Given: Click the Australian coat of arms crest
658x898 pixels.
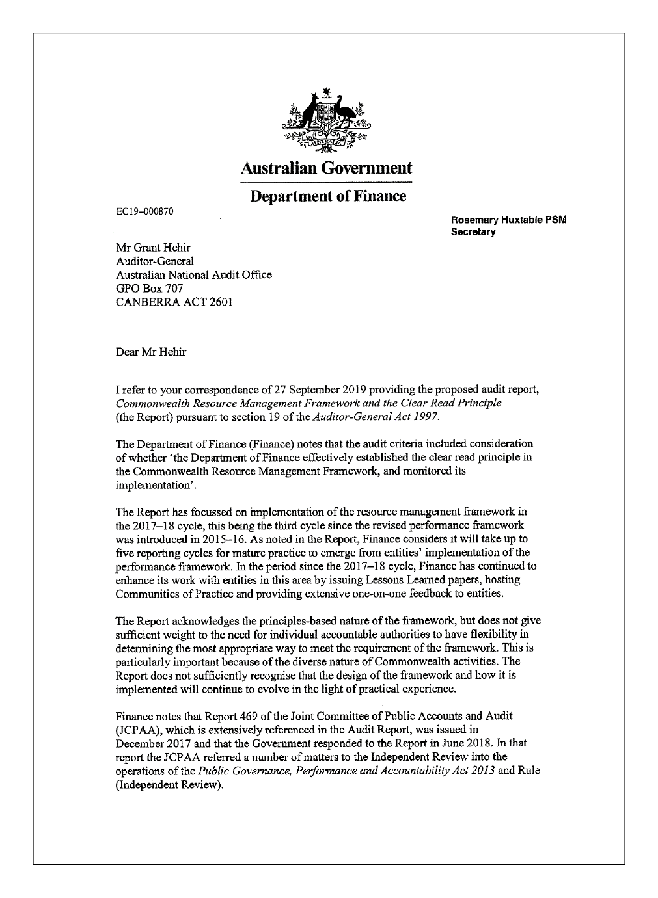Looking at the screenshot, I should pyautogui.click(x=329, y=121).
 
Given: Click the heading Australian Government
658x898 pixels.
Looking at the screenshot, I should pyautogui.click(x=326, y=168).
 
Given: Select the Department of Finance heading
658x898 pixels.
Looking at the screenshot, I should pyautogui.click(x=328, y=196).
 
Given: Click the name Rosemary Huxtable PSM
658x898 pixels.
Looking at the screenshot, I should pyautogui.click(x=509, y=220).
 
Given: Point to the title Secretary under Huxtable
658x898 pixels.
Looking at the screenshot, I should pyautogui.click(x=473, y=231).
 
